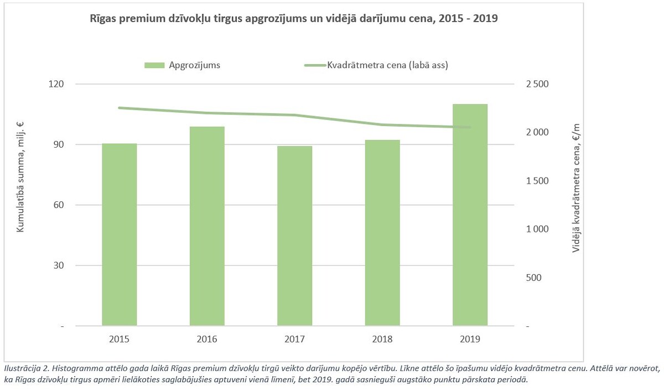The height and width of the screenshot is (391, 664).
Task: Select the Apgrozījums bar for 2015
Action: pyautogui.click(x=119, y=234)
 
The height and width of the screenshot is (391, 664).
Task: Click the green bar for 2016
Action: pyautogui.click(x=207, y=226)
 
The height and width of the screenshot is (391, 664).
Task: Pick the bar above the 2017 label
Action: pyautogui.click(x=294, y=236)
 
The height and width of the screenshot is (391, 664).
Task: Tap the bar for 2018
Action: pyautogui.click(x=382, y=233)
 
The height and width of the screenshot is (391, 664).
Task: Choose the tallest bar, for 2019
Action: pyautogui.click(x=470, y=215)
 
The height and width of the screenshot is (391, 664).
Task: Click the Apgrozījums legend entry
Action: pyautogui.click(x=183, y=65)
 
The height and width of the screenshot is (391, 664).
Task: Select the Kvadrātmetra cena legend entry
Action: pyautogui.click(x=376, y=65)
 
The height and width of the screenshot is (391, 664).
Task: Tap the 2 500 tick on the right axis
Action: pyautogui.click(x=536, y=84)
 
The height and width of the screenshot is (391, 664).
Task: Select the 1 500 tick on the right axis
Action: pyautogui.click(x=536, y=181)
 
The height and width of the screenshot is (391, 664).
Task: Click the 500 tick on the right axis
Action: pyautogui.click(x=533, y=278)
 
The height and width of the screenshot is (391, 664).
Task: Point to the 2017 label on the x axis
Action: pyautogui.click(x=294, y=338)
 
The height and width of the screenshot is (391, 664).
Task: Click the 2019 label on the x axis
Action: pyautogui.click(x=470, y=338)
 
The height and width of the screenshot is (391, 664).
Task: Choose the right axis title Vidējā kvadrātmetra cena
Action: pyautogui.click(x=577, y=189)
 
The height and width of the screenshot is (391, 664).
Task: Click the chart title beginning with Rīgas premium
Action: pyautogui.click(x=294, y=18)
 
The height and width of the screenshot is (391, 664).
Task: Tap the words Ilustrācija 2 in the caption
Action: pyautogui.click(x=26, y=368)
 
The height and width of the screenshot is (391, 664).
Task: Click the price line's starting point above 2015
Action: pyautogui.click(x=120, y=108)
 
